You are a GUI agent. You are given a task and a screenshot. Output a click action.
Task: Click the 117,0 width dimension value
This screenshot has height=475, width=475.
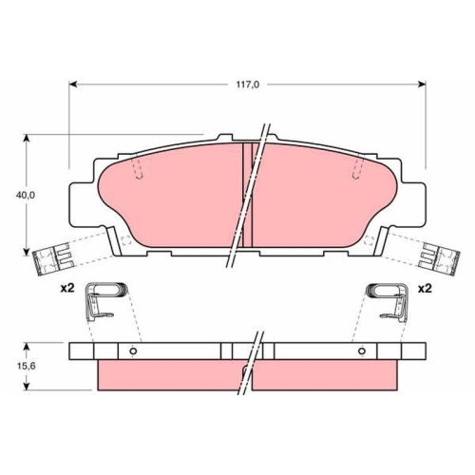pyautogui.click(x=248, y=85)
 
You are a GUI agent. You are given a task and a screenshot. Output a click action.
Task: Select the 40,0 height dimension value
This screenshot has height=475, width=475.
pyautogui.click(x=26, y=196)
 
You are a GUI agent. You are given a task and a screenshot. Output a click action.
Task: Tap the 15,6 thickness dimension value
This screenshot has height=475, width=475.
pyautogui.click(x=26, y=366)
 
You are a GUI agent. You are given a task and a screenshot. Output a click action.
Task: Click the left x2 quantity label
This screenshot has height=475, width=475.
pyautogui.click(x=67, y=288)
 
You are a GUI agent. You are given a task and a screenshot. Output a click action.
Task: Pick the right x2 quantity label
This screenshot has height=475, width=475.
pyautogui.click(x=425, y=289)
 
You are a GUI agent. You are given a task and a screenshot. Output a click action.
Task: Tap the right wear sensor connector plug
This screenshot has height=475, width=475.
pyautogui.click(x=439, y=259)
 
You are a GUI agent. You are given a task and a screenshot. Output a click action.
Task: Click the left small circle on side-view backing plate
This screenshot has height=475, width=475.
pyautogui.click(x=133, y=351)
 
